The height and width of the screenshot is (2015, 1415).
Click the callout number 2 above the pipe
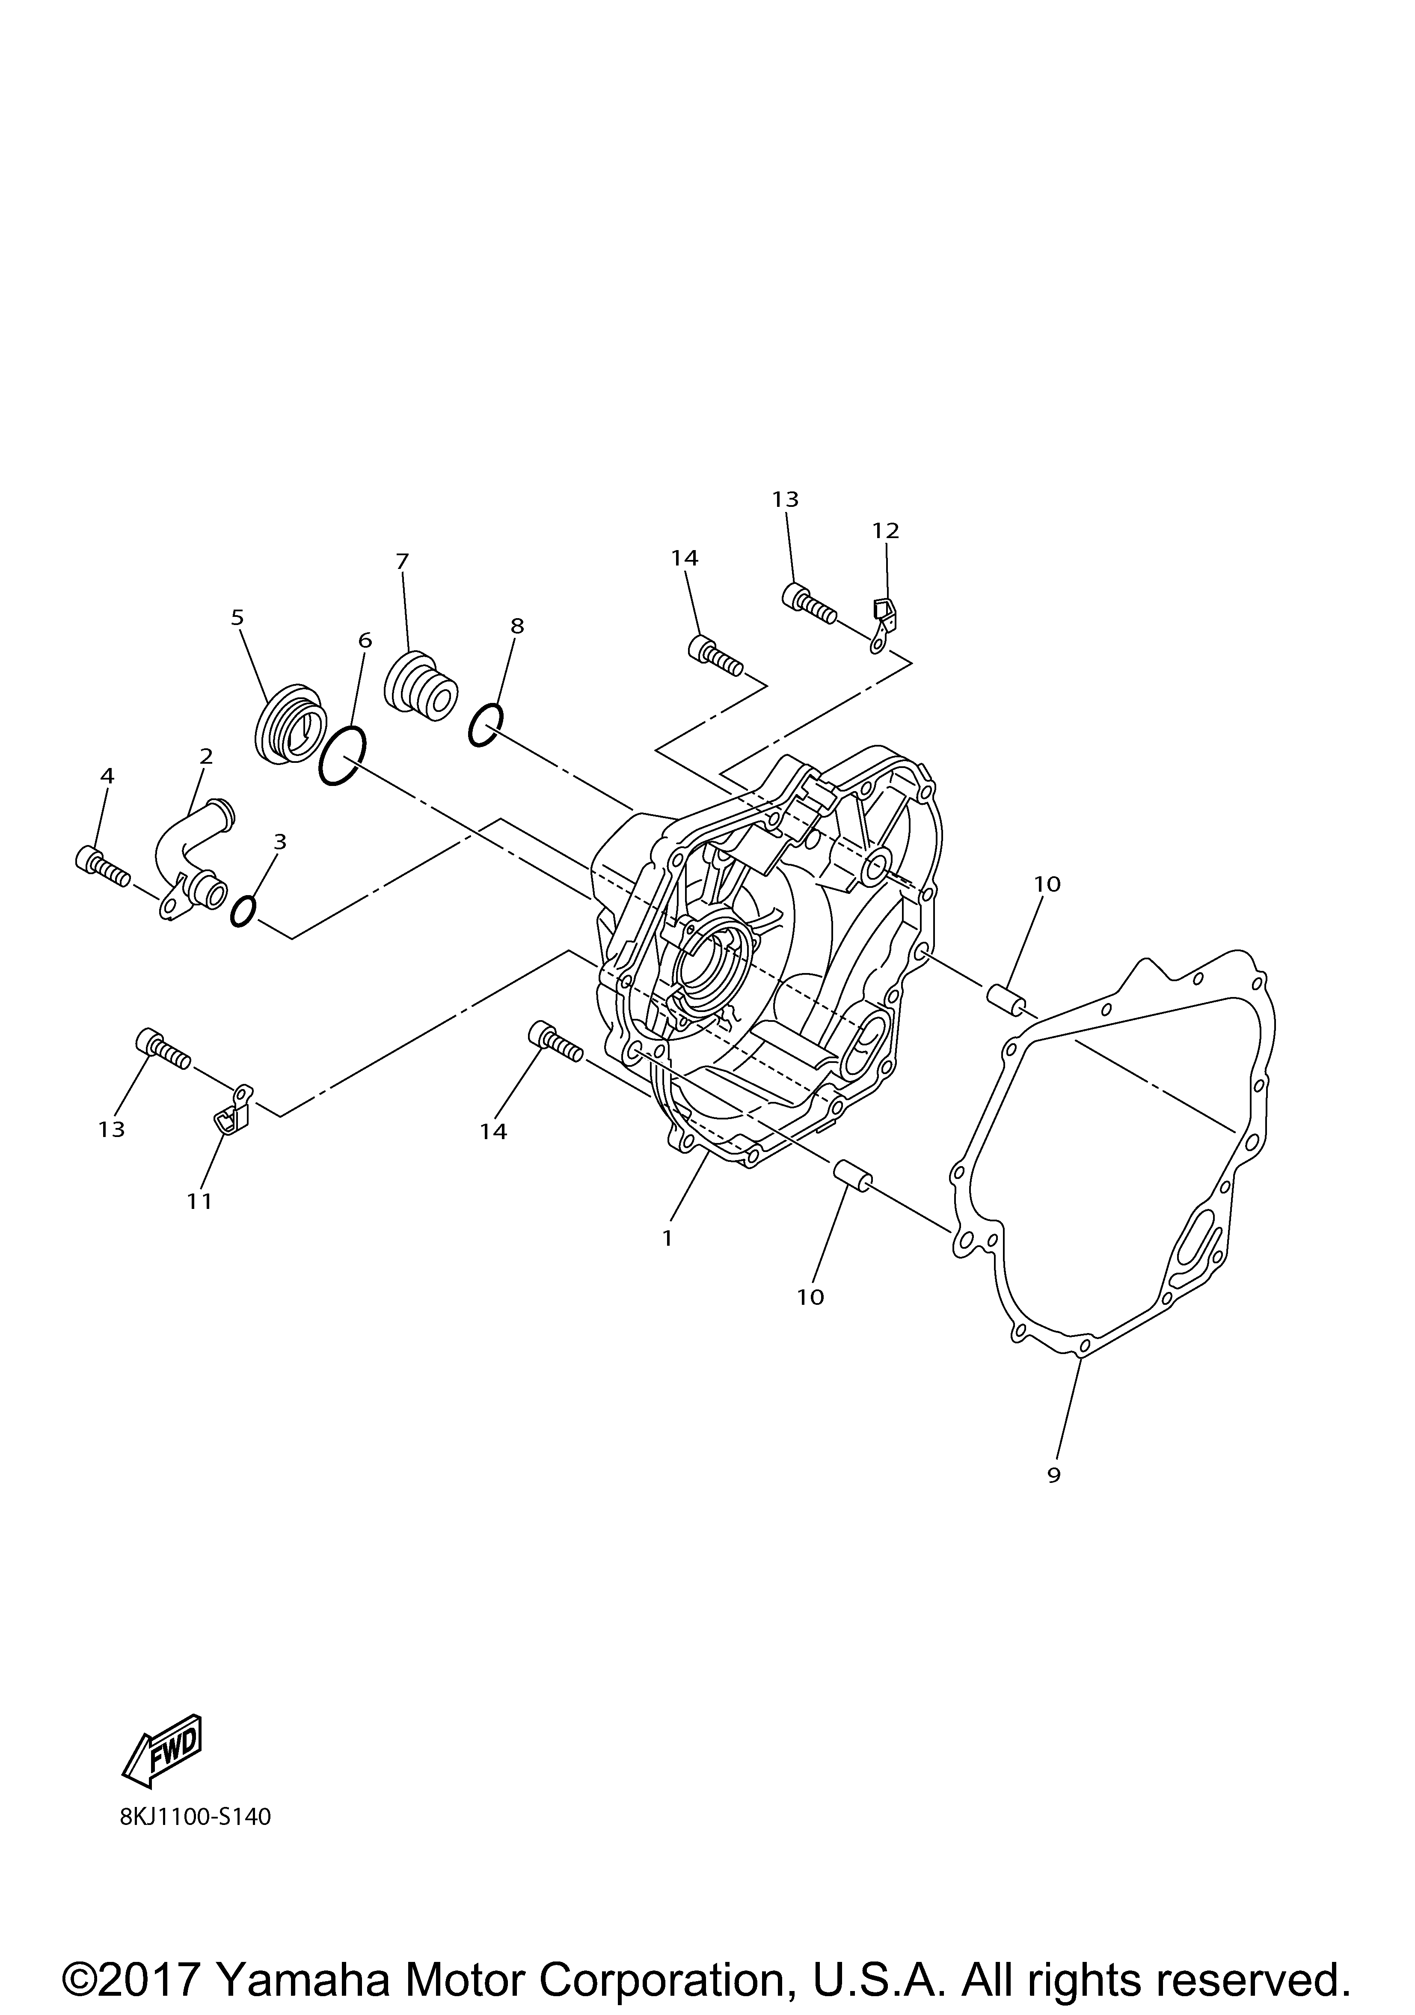click(206, 756)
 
